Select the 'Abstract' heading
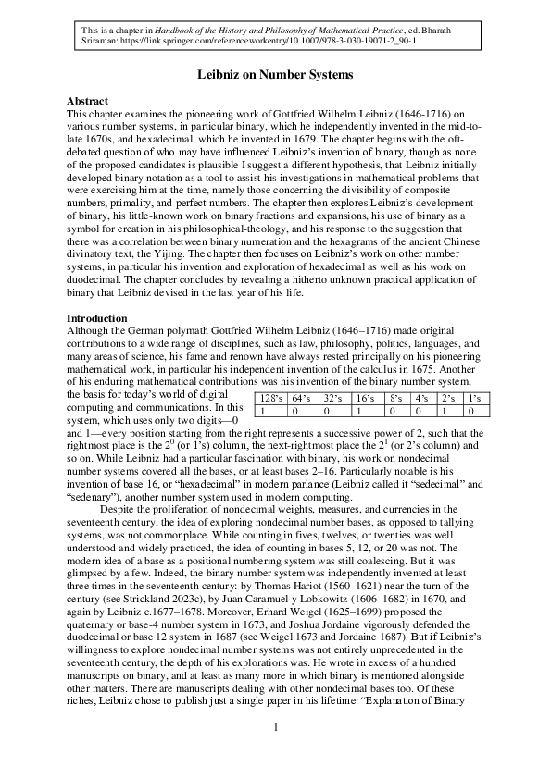tap(88, 101)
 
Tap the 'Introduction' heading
tap(97, 319)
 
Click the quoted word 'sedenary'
tap(98, 497)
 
